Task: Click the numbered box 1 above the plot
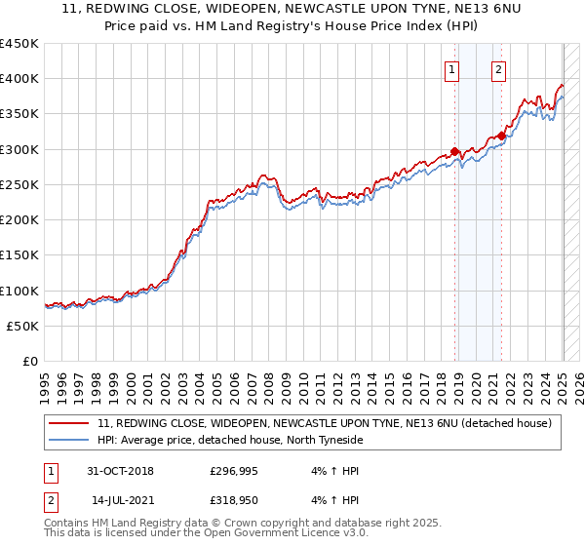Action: pos(453,69)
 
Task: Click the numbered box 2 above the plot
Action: pos(498,69)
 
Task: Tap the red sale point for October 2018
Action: pos(455,151)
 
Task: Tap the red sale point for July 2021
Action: pos(501,136)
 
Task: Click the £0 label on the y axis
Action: pos(30,362)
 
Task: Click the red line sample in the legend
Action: pos(69,423)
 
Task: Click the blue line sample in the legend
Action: pos(69,440)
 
